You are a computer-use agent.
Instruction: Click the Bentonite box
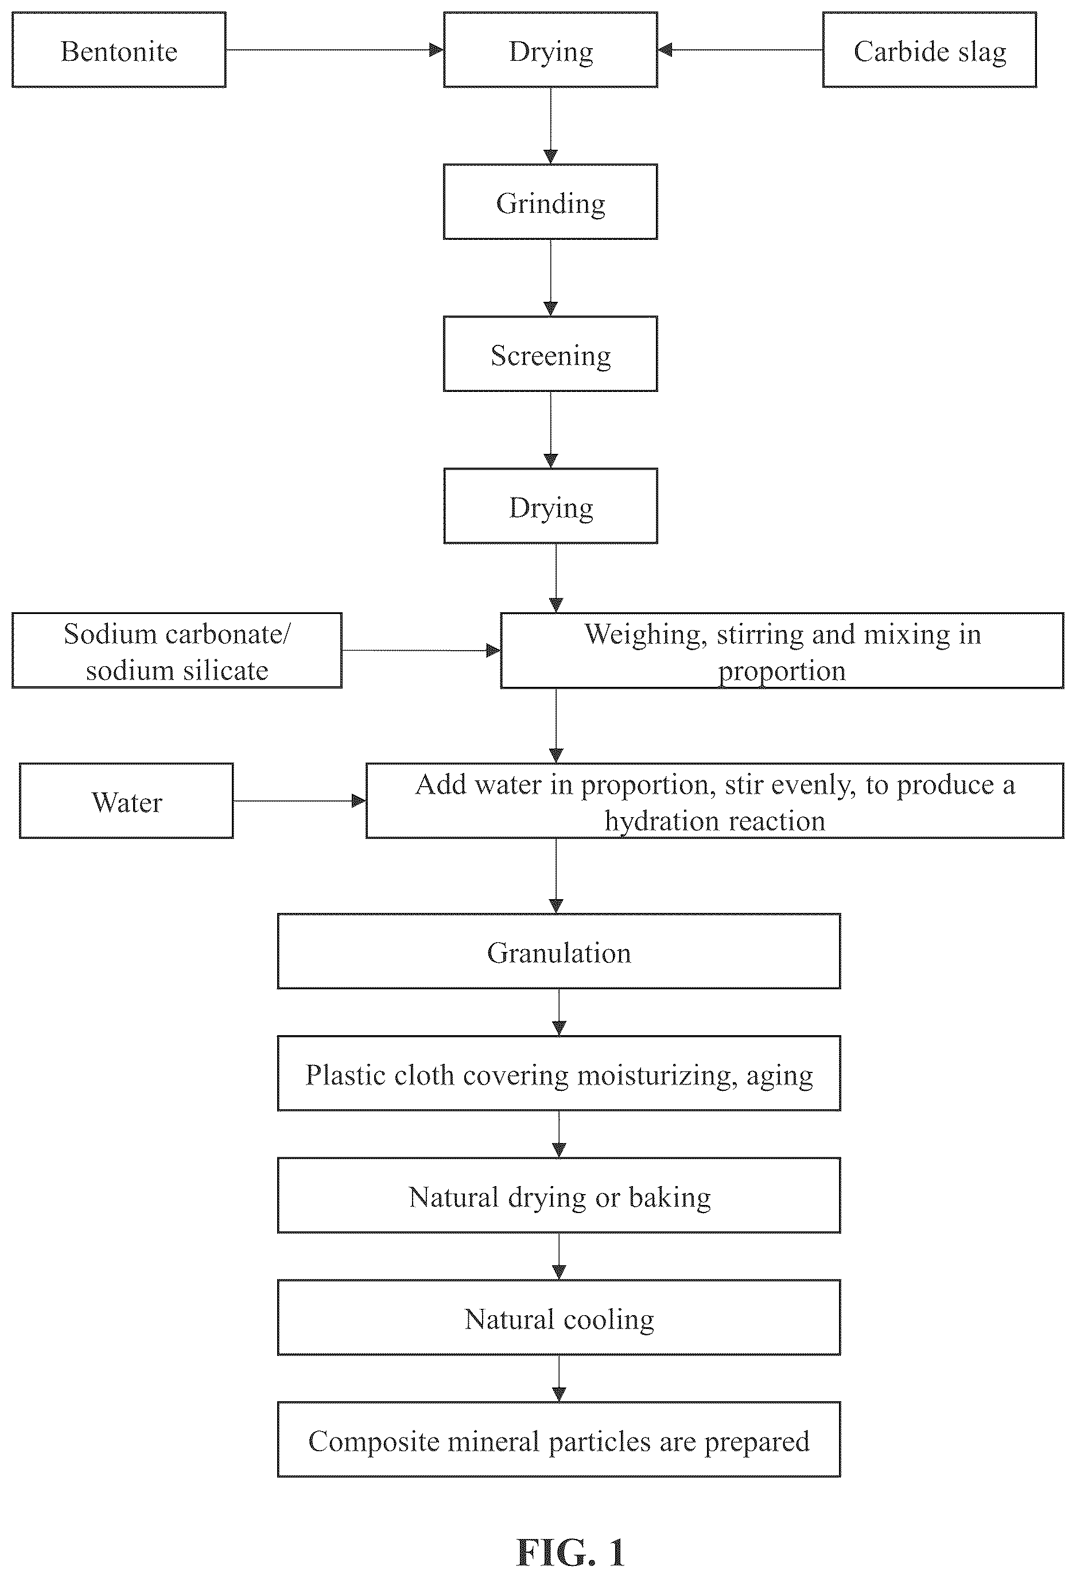pos(119,49)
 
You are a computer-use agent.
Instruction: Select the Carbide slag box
pos(929,49)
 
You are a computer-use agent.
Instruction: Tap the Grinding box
pos(550,201)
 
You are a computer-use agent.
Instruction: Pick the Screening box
pos(550,354)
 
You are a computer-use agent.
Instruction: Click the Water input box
pos(126,800)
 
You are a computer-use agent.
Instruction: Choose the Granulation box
pos(559,951)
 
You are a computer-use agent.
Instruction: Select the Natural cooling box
pos(559,1317)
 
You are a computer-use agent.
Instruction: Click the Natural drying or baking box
pos(559,1195)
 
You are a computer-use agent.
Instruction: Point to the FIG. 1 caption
pos(570,1552)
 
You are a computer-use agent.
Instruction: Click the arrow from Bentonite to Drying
pos(335,49)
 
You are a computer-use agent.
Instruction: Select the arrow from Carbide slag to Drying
pos(740,49)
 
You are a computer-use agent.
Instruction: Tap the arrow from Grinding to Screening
pos(550,278)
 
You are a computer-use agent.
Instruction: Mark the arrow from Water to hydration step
pos(300,801)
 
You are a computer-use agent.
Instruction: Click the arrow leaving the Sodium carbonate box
pos(421,651)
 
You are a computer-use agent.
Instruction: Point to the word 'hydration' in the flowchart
pos(658,821)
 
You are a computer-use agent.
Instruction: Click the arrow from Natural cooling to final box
pos(559,1378)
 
